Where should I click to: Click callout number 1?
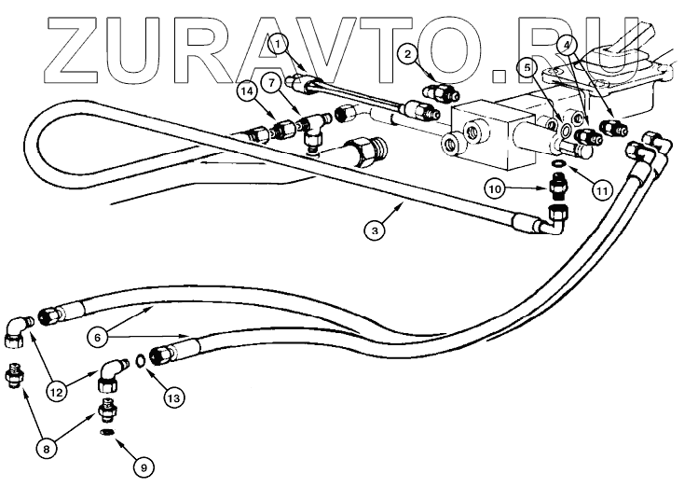click(x=276, y=42)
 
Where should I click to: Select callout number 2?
click(x=407, y=55)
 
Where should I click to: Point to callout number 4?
click(x=568, y=44)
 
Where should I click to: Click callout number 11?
click(x=602, y=189)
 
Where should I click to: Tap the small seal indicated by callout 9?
click(x=106, y=432)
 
